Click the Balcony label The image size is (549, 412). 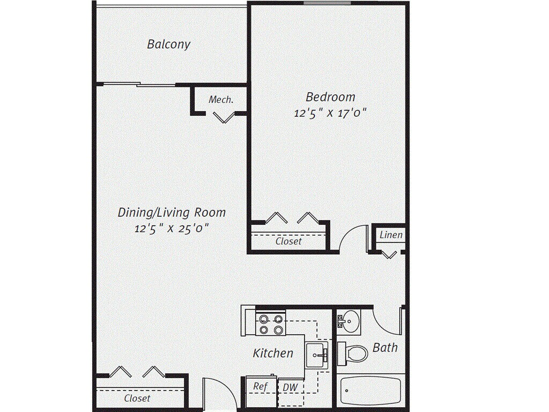click(168, 44)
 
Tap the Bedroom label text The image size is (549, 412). click(330, 97)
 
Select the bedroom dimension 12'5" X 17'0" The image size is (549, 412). click(330, 113)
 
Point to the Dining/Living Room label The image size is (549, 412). click(172, 212)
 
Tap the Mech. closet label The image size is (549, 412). click(221, 100)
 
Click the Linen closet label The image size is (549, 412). click(391, 235)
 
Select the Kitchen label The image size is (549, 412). click(273, 353)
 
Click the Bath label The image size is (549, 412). click(385, 348)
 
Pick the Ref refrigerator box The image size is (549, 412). click(261, 387)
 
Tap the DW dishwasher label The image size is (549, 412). click(290, 387)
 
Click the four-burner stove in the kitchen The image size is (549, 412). click(271, 324)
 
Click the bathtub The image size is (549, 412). click(371, 391)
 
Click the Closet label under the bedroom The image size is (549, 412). click(288, 241)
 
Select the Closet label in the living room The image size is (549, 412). click(137, 398)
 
